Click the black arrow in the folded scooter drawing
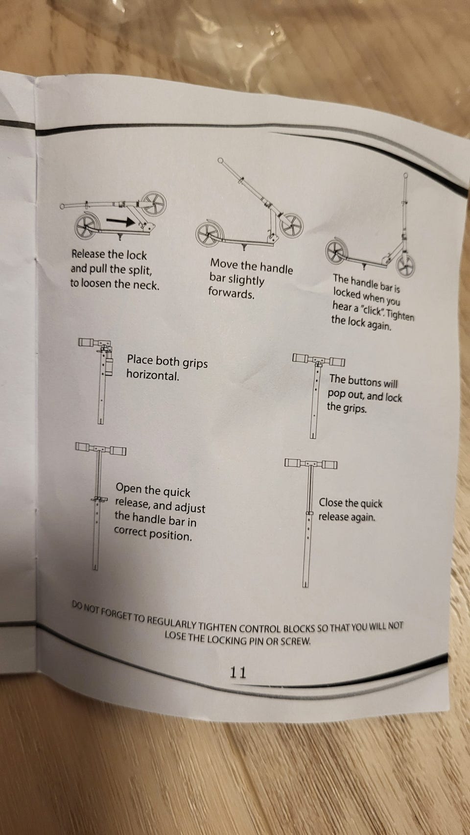tap(120, 221)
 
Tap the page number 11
tap(238, 672)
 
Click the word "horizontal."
tap(152, 375)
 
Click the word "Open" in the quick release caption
tap(128, 488)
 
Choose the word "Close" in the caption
tap(330, 502)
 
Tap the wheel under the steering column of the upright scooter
tap(405, 266)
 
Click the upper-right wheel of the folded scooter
tap(153, 204)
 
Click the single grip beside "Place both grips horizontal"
tap(87, 342)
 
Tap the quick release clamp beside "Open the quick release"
tap(99, 499)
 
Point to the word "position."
tap(171, 536)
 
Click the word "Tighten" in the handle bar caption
tap(400, 316)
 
